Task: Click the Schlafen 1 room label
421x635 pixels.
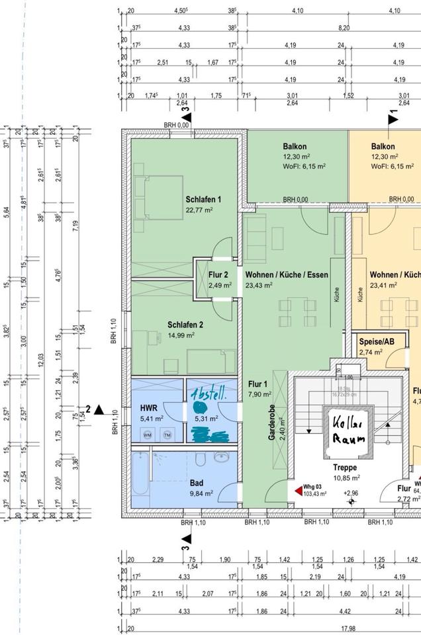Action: click(x=203, y=200)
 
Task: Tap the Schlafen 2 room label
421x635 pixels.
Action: click(x=185, y=325)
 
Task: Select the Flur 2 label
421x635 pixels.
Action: click(x=218, y=275)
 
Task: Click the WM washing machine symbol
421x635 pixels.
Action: click(x=148, y=435)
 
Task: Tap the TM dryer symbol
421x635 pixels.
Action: click(x=167, y=435)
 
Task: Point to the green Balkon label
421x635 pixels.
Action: click(x=295, y=147)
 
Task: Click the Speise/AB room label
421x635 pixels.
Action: click(x=376, y=342)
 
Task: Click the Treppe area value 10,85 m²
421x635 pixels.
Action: click(x=346, y=478)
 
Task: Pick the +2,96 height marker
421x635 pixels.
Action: click(x=351, y=493)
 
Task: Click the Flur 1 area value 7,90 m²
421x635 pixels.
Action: click(x=259, y=394)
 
